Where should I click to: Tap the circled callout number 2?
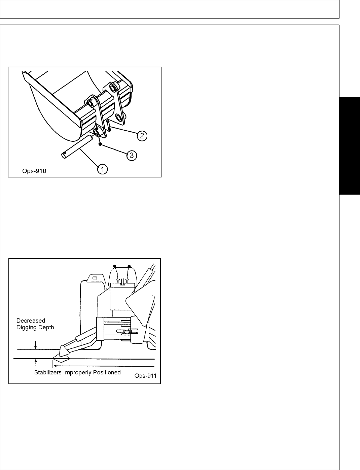[x=142, y=136]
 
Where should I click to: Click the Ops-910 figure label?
[x=32, y=171]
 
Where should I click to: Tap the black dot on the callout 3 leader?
[x=100, y=144]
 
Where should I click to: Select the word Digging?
[x=26, y=327]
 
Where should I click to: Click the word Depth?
[x=46, y=327]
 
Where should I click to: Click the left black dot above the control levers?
[x=115, y=266]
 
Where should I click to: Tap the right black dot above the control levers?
[x=129, y=266]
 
